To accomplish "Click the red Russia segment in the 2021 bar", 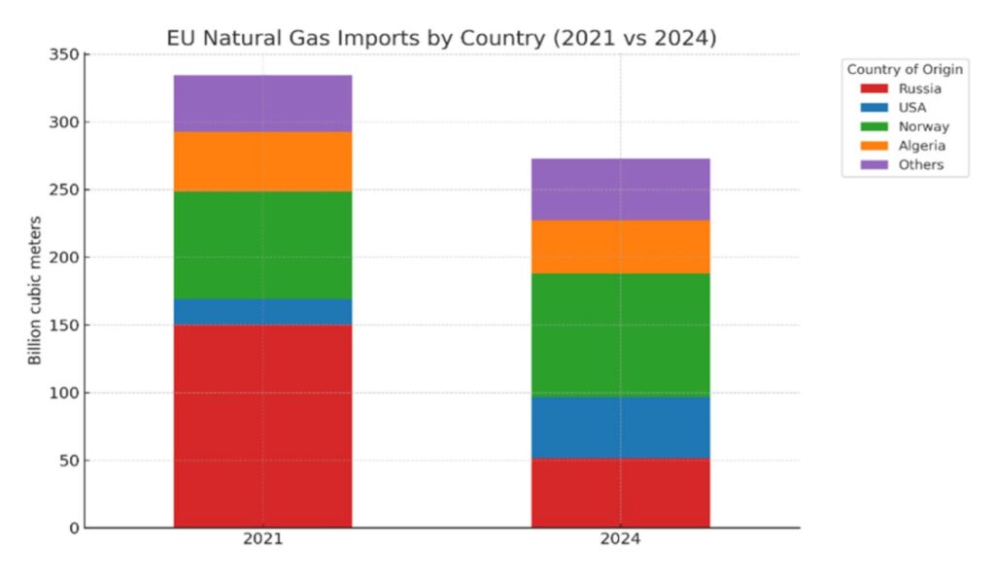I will (262, 426).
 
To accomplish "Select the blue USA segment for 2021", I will (262, 311).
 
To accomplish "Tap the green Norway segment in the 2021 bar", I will (262, 245).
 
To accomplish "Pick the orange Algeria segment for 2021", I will (262, 161).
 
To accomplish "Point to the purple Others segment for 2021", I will (262, 103).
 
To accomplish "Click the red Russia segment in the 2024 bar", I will (620, 493).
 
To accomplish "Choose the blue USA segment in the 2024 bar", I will (620, 427).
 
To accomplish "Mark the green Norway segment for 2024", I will (620, 334).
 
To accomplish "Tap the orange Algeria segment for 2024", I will (620, 247).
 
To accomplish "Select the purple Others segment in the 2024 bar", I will (620, 189).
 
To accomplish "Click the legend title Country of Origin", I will (905, 69).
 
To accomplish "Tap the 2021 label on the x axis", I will (262, 540).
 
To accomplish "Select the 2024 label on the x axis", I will (620, 540).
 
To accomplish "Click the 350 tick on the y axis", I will (63, 54).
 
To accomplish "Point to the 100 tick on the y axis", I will (63, 393).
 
